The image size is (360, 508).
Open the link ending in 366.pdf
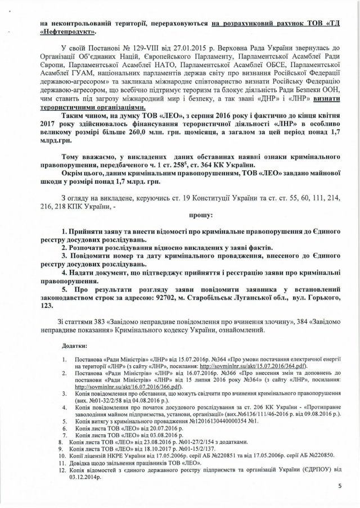click(x=113, y=387)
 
